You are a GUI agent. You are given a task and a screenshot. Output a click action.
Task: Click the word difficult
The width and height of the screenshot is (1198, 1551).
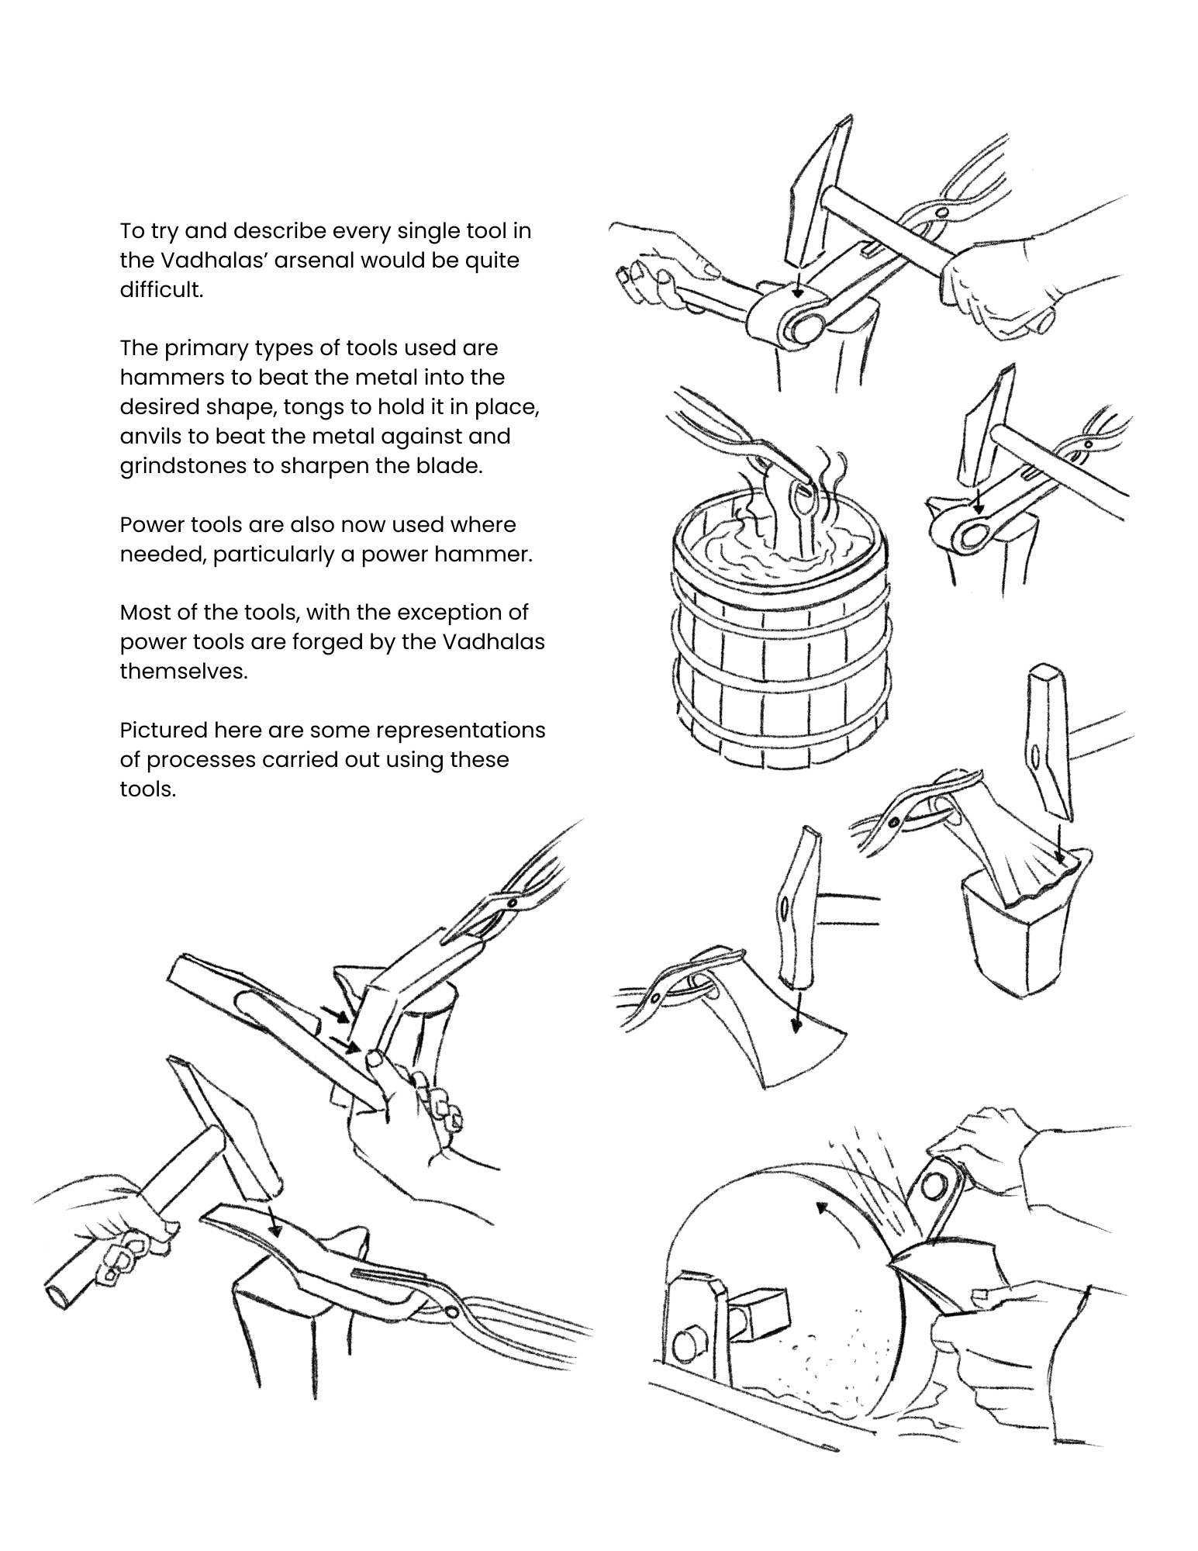(161, 289)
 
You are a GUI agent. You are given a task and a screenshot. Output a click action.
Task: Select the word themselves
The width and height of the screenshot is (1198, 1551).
(183, 672)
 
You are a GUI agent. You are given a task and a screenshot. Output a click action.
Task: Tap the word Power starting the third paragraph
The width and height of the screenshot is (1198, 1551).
(149, 525)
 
